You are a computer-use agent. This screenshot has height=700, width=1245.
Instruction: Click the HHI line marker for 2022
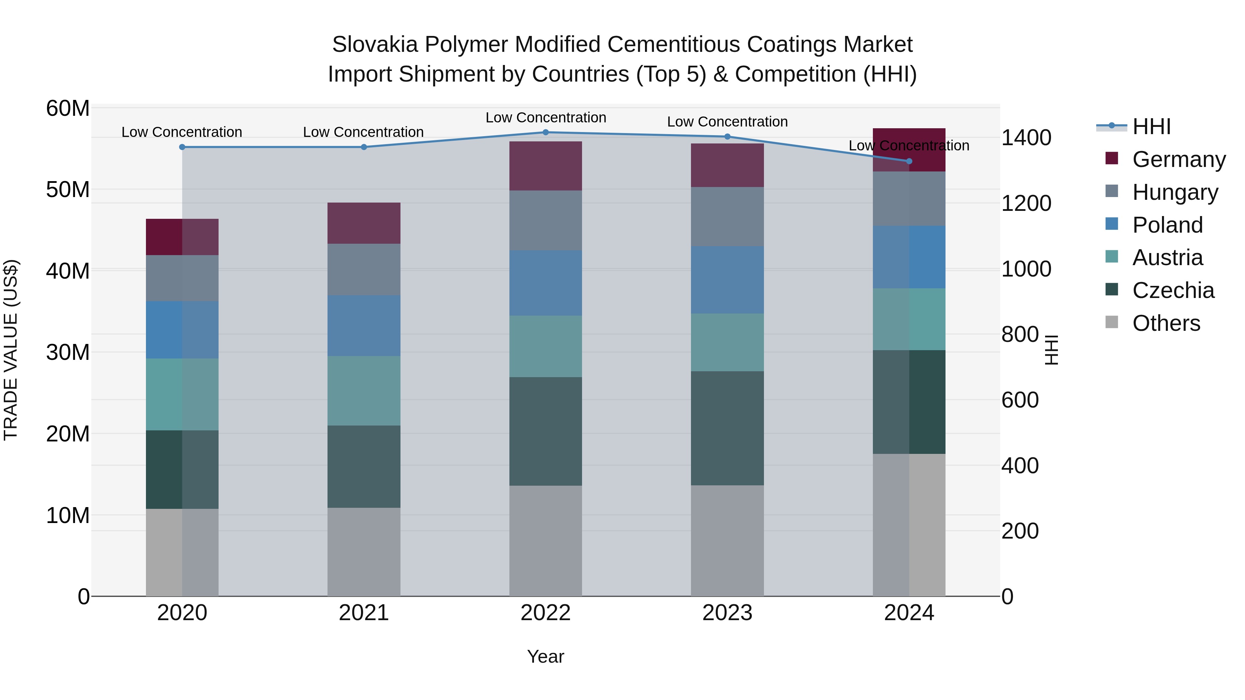[x=546, y=132]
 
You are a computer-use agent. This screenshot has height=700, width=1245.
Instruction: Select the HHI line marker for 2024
[x=909, y=161]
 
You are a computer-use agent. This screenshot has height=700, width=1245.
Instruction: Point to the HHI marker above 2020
[x=182, y=147]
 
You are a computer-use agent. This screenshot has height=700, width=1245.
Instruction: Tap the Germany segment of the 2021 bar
[x=364, y=223]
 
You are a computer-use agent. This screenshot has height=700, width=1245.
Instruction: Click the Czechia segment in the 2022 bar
[x=546, y=431]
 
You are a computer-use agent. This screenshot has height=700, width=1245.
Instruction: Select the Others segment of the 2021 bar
[x=364, y=552]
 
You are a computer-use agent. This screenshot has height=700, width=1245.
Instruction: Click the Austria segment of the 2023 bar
[x=727, y=343]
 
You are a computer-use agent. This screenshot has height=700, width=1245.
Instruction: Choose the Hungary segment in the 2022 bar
[x=546, y=220]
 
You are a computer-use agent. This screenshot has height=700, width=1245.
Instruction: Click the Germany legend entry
[x=1179, y=159]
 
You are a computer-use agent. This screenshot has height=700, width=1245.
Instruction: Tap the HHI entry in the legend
[x=1152, y=127]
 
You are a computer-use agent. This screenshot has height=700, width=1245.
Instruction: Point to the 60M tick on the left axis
[x=68, y=108]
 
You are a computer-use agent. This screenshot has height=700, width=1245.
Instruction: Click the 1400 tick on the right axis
[x=1026, y=138]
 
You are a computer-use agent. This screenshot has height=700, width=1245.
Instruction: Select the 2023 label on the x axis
[x=727, y=613]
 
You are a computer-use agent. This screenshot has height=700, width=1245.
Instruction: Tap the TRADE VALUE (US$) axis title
[x=11, y=350]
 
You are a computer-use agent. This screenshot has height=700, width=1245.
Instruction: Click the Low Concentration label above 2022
[x=546, y=118]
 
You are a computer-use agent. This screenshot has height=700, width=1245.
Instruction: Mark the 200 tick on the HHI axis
[x=1020, y=531]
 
